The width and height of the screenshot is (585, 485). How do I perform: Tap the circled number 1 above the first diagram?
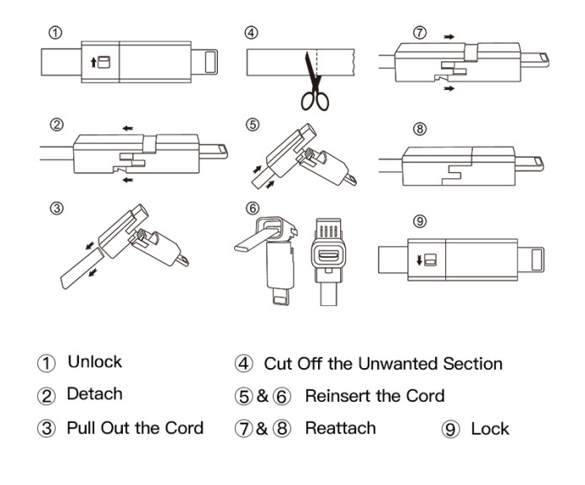click(55, 33)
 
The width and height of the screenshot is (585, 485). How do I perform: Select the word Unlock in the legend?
click(94, 362)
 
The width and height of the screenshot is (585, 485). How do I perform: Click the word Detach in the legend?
click(94, 393)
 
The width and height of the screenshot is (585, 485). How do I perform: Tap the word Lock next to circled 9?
click(490, 429)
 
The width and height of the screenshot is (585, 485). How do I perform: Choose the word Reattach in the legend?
click(341, 429)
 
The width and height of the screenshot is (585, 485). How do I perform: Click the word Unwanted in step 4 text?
click(384, 364)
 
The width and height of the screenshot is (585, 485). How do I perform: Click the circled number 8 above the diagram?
click(420, 129)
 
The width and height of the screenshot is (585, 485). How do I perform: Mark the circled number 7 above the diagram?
click(420, 34)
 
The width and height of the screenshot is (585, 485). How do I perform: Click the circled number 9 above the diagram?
click(420, 221)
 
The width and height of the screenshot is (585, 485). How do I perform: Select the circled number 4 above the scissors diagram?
click(251, 34)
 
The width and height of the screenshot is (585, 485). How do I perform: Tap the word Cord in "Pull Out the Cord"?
click(183, 428)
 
